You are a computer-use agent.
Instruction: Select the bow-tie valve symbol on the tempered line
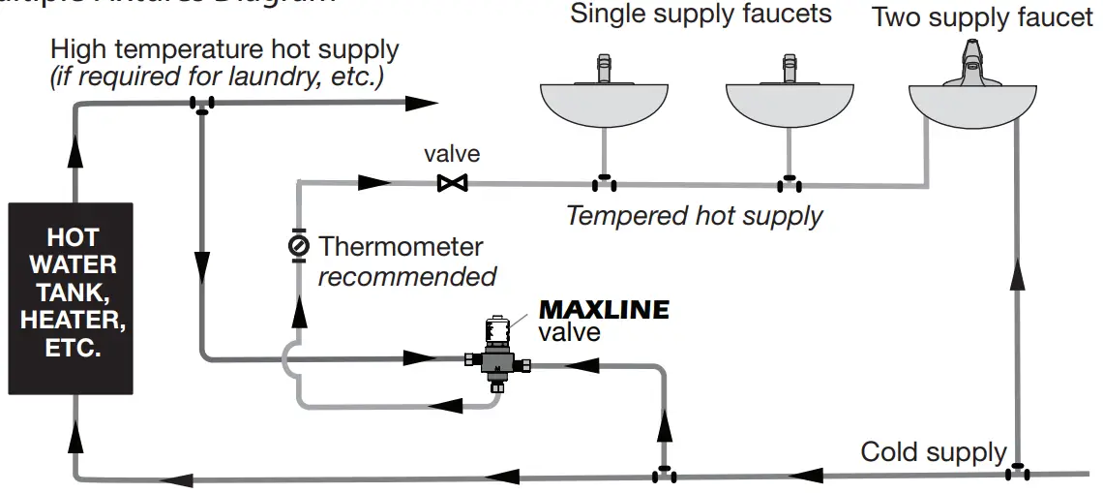point(452,182)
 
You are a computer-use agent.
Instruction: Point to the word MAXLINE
point(603,310)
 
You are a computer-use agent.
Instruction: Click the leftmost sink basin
point(604,105)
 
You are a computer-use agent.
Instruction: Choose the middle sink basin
point(790,105)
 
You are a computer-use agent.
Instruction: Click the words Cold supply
point(934,451)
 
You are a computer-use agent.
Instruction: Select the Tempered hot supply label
point(694,215)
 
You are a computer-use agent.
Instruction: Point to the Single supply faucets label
point(701,15)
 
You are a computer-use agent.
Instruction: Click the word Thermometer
point(401,247)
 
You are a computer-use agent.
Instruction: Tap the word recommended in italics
point(406,277)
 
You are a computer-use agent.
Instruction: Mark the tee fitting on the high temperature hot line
point(202,105)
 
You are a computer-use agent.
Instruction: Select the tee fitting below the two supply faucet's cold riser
point(1017,473)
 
